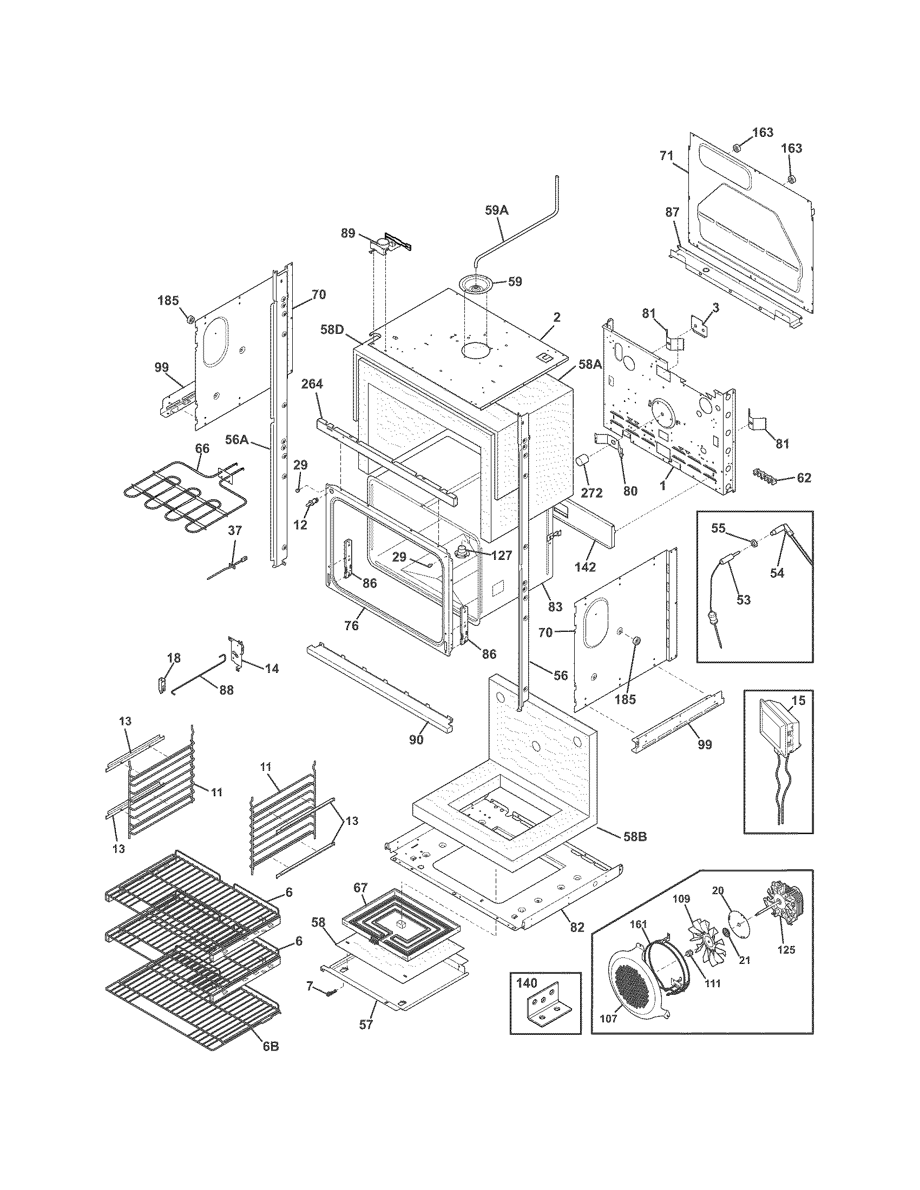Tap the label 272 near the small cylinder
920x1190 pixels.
[x=592, y=493]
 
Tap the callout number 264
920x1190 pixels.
[x=312, y=384]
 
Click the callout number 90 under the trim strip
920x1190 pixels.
[x=416, y=740]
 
